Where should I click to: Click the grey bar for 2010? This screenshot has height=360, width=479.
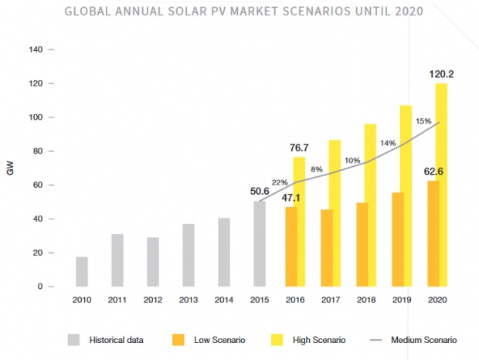[x=82, y=271]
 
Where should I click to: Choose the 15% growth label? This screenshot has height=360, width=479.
[x=423, y=121]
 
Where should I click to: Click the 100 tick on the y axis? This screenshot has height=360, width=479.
[x=36, y=117]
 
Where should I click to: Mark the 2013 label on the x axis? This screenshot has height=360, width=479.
[x=189, y=300]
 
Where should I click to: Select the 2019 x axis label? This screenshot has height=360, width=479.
[x=401, y=300]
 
